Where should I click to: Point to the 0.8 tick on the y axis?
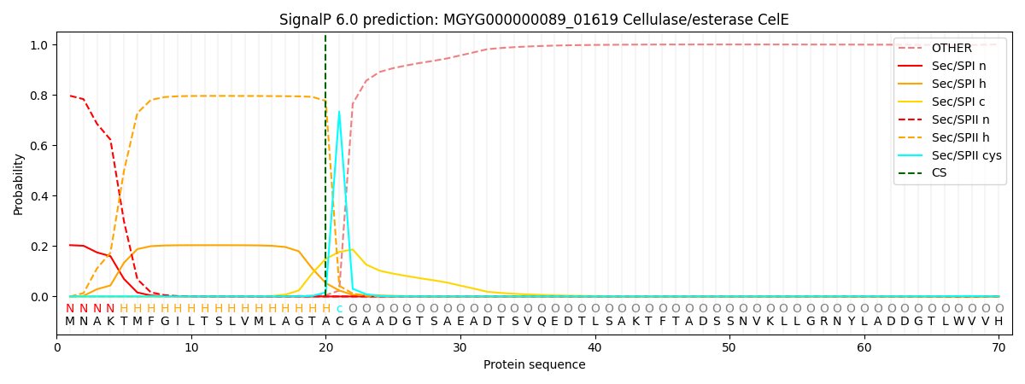(x=40, y=96)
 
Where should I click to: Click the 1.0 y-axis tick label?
(x=40, y=45)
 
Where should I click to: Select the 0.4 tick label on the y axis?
(x=40, y=196)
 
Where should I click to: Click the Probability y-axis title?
(x=19, y=183)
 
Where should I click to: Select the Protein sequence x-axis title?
(x=534, y=365)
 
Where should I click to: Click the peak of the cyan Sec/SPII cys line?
(x=339, y=112)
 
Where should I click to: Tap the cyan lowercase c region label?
(x=339, y=309)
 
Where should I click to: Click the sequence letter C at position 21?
(x=339, y=322)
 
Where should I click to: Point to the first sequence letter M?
(x=70, y=322)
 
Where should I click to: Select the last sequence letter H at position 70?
(x=999, y=322)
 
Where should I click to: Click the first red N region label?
(x=70, y=309)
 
